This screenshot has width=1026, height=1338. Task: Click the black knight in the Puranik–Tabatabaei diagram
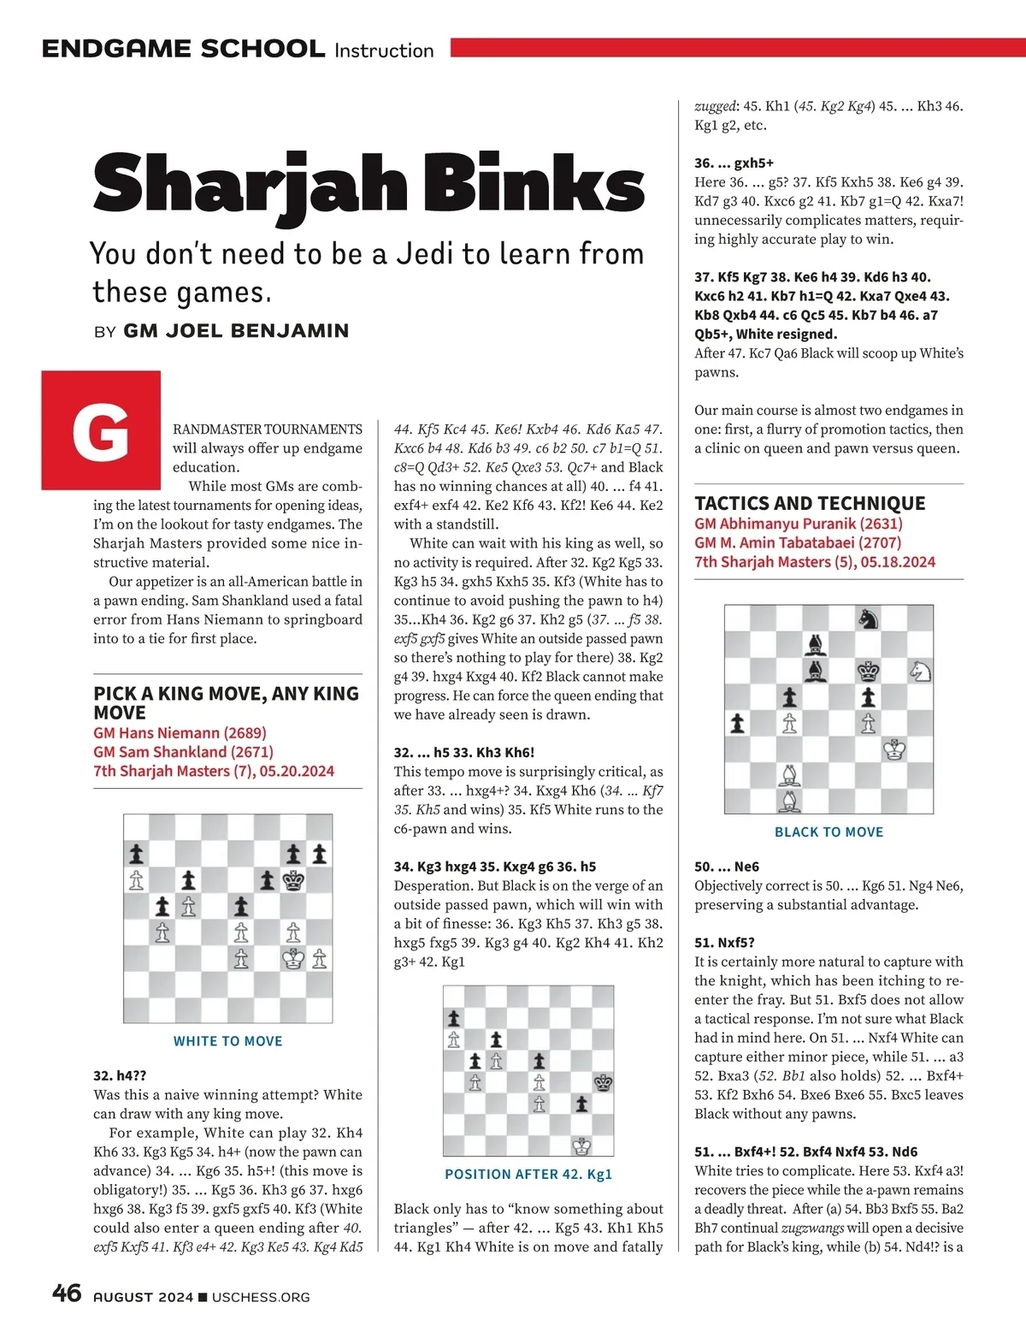[x=869, y=617]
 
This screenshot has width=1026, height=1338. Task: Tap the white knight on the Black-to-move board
[x=920, y=671]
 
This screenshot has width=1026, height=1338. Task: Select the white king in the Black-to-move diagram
[x=894, y=750]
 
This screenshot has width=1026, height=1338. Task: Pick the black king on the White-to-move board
[x=294, y=879]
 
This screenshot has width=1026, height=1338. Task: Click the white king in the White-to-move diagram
[x=294, y=958]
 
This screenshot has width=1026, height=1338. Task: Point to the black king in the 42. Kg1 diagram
[x=603, y=1082]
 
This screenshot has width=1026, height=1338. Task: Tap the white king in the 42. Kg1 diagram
[x=582, y=1146]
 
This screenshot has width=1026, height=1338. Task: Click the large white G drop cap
[x=101, y=430]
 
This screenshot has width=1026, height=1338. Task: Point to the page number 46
[x=67, y=1293]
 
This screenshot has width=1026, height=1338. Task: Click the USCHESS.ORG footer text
[x=261, y=1297]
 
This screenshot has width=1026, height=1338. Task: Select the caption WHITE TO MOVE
[x=227, y=1041]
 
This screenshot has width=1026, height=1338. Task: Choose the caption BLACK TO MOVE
[x=828, y=832]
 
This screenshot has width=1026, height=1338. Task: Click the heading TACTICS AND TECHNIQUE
[x=810, y=503]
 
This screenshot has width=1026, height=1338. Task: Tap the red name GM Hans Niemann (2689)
[x=180, y=733]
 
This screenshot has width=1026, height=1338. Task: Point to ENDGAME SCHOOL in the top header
[x=183, y=49]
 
